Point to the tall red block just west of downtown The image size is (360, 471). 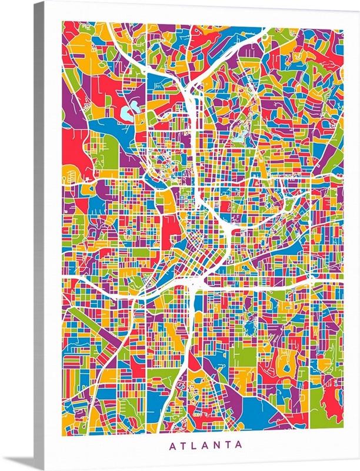tap(172, 228)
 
